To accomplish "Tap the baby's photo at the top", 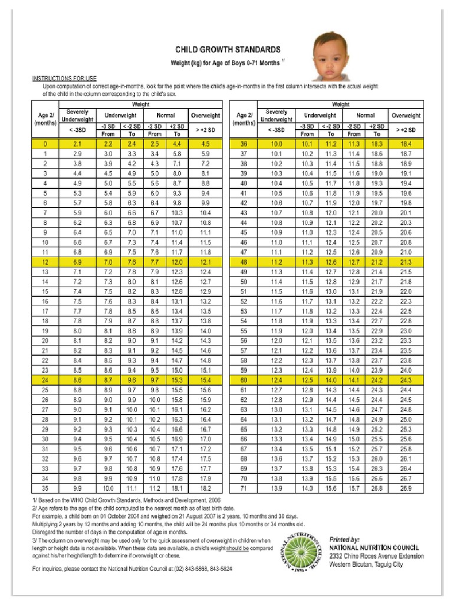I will click(x=332, y=57).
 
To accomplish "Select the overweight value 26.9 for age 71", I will click(x=406, y=489).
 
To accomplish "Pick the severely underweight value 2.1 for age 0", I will click(x=77, y=144).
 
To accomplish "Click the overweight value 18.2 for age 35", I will click(x=205, y=489).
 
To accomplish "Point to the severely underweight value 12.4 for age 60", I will click(x=276, y=381).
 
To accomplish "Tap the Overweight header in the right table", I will click(x=406, y=116).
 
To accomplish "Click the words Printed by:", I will click(x=344, y=539).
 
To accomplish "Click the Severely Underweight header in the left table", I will click(x=77, y=115).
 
